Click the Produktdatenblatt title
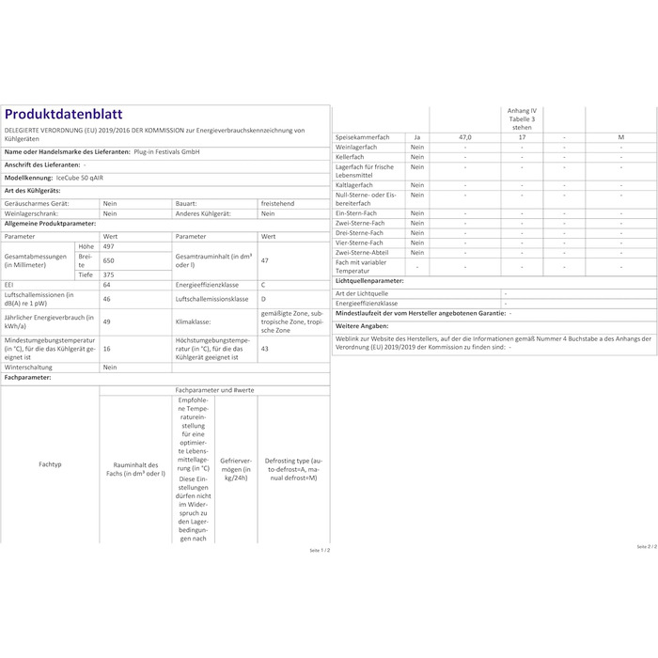pos(63,115)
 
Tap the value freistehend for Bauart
pos(278,202)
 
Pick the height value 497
pos(110,247)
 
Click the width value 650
pos(110,260)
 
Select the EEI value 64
pos(107,284)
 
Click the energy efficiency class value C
pos(264,284)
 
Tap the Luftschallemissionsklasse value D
pos(264,298)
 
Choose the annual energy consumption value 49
pos(107,321)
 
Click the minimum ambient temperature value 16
pos(107,348)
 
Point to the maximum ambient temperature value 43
pos(264,348)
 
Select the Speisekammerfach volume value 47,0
pos(464,137)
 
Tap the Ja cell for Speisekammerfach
pos(417,137)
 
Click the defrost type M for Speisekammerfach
pos(620,137)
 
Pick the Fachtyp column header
pos(50,464)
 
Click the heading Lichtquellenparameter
pos(369,280)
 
